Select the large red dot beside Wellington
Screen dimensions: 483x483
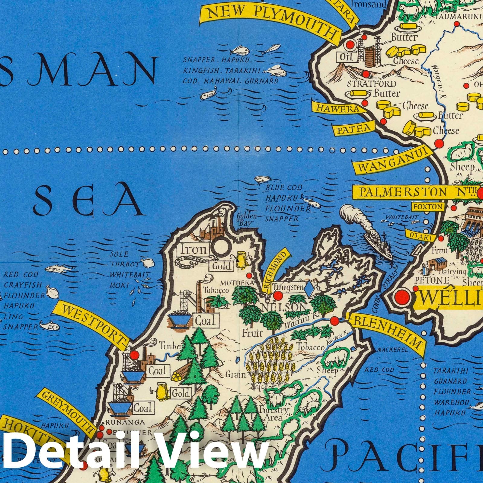tap(402, 297)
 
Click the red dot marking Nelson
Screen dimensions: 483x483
tap(278, 296)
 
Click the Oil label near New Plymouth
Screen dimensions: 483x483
tap(346, 56)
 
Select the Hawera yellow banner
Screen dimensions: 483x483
tap(337, 108)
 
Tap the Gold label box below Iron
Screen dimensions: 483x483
tap(222, 266)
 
